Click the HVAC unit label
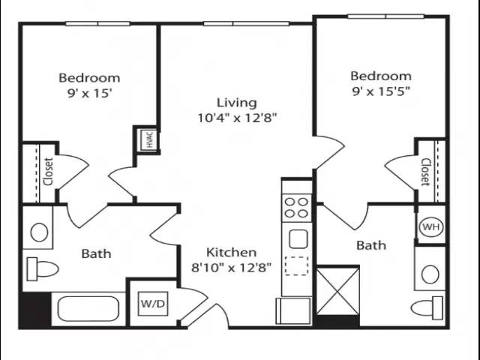coord(150,139)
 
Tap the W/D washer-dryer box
coord(153,304)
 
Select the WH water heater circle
coord(431,227)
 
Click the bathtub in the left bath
coord(88,309)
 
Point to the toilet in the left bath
coord(43,269)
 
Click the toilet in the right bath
coord(427,308)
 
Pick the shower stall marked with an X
coord(337,291)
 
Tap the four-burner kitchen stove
coord(296,208)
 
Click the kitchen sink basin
coord(298,238)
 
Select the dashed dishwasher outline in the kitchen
coord(296,265)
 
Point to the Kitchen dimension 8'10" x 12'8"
coord(232,268)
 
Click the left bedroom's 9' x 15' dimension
coord(88,93)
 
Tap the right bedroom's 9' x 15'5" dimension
coord(381,91)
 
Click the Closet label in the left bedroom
coord(49,172)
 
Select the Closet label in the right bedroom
coord(426,172)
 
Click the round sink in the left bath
coord(39,232)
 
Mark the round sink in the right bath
coord(430,274)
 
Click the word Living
coord(237,103)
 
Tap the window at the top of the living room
coord(247,23)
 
